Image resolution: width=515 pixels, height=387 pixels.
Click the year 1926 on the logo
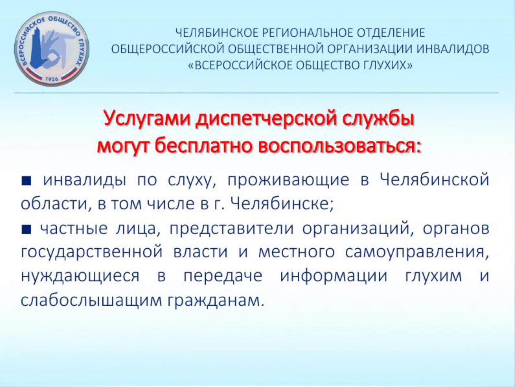pyautogui.click(x=52, y=79)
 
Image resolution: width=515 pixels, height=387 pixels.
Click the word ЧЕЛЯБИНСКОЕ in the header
pyautogui.click(x=216, y=33)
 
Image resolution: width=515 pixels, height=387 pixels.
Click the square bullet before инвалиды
pyautogui.click(x=26, y=181)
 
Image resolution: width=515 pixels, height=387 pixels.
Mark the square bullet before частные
pyautogui.click(x=26, y=229)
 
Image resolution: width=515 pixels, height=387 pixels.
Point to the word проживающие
pyautogui.click(x=288, y=181)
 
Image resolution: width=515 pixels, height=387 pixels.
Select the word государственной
pyautogui.click(x=92, y=253)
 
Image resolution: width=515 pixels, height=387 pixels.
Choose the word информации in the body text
pyautogui.click(x=333, y=276)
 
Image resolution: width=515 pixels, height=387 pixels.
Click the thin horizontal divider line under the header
pyautogui.click(x=257, y=93)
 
